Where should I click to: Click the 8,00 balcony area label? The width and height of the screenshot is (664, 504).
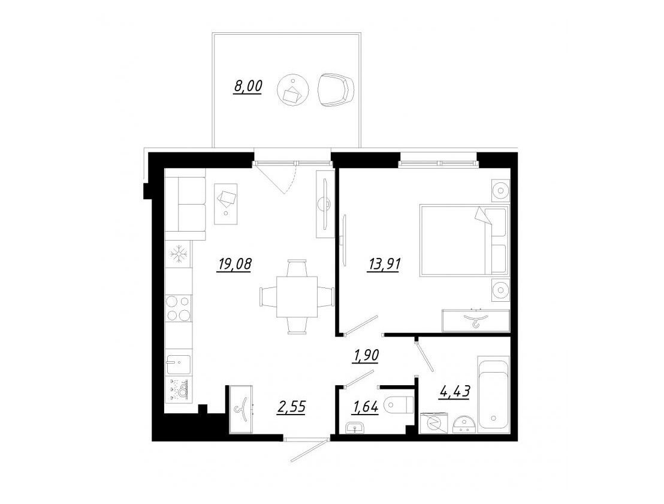point(248,86)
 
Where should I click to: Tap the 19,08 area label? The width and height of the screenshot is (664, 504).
point(234,264)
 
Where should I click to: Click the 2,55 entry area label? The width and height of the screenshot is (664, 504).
point(291,407)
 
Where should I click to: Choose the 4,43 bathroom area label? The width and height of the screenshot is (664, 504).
point(455,391)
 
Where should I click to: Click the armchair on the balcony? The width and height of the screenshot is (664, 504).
point(336,91)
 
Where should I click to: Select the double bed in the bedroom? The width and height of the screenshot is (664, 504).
point(464,241)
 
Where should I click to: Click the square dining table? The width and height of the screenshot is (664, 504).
point(297,296)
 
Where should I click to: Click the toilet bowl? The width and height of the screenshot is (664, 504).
point(399,404)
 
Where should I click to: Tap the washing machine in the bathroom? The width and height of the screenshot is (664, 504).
point(434,422)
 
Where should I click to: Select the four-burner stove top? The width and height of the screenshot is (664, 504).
point(178,308)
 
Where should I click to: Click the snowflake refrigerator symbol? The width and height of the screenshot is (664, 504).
point(178,254)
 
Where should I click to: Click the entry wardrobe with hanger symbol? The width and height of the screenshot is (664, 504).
point(240,409)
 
